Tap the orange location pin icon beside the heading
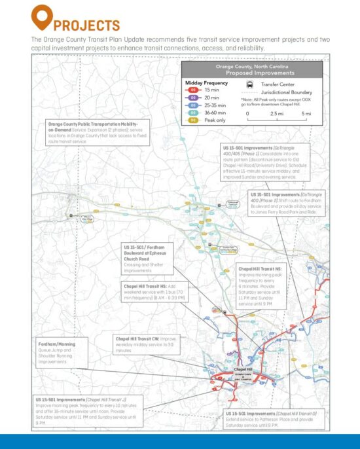click(41, 16)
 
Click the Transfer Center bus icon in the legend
click(251, 84)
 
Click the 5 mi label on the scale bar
click(306, 113)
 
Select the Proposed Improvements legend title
click(251, 73)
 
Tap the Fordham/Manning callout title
click(56, 344)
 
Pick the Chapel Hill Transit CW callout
click(142, 344)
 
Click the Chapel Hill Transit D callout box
click(271, 418)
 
